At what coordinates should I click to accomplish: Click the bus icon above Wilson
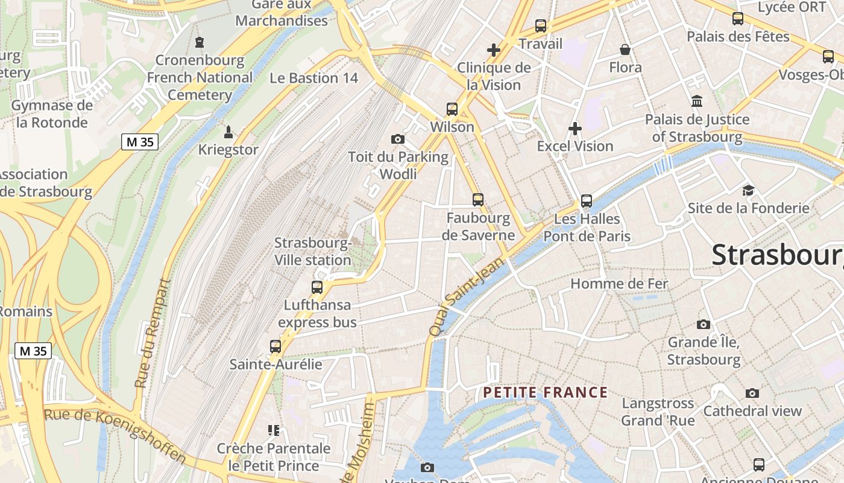(452, 109)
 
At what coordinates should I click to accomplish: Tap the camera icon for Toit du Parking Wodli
(397, 139)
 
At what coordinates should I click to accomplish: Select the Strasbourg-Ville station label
(312, 252)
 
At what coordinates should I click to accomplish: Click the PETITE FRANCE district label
(545, 393)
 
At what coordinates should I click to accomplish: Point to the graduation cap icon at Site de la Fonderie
(748, 190)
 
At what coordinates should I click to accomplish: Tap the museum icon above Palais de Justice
(698, 101)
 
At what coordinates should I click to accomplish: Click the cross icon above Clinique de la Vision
(494, 50)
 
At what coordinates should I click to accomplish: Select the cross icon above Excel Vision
(575, 128)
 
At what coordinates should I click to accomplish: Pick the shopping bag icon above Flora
(625, 50)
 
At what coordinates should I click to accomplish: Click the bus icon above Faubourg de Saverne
(478, 199)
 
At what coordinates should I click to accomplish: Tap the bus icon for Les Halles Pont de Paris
(587, 201)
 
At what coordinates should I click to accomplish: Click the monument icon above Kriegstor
(228, 132)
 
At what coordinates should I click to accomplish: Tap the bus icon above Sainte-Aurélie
(276, 347)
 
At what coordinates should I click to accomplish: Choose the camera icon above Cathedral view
(752, 394)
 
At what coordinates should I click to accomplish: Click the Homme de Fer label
(619, 284)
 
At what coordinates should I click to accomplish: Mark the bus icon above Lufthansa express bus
(317, 287)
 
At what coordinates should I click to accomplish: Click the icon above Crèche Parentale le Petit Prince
(274, 430)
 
